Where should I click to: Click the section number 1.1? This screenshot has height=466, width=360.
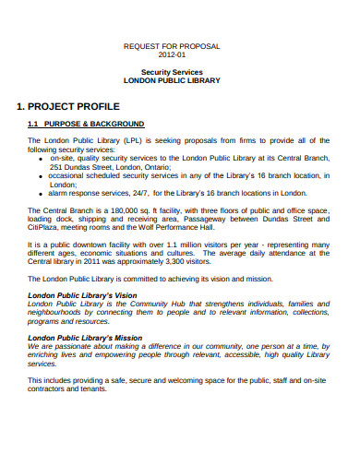(x=32, y=123)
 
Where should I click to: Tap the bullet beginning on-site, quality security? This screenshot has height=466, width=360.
(x=41, y=159)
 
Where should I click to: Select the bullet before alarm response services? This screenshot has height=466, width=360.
(x=41, y=193)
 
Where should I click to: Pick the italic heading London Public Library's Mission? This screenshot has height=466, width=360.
(x=86, y=338)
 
